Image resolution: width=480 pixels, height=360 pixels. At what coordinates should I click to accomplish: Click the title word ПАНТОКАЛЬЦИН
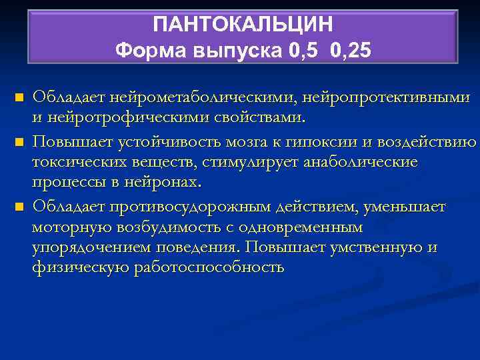tap(243, 25)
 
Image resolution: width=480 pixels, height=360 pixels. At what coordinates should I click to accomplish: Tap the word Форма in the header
tap(141, 50)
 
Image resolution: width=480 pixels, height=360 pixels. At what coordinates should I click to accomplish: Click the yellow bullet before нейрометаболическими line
tap(19, 98)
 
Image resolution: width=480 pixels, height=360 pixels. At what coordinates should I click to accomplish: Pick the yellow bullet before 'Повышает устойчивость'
tap(19, 142)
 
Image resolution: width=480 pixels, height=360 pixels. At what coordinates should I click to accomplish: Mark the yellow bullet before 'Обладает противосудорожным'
tap(19, 206)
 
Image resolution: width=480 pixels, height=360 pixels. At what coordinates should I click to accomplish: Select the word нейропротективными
tap(387, 98)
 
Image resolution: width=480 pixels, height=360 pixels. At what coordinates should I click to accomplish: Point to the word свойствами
tap(267, 119)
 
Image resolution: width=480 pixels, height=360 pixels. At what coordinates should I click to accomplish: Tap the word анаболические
tap(361, 163)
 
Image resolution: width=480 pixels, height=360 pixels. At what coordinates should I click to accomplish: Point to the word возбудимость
tap(168, 227)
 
